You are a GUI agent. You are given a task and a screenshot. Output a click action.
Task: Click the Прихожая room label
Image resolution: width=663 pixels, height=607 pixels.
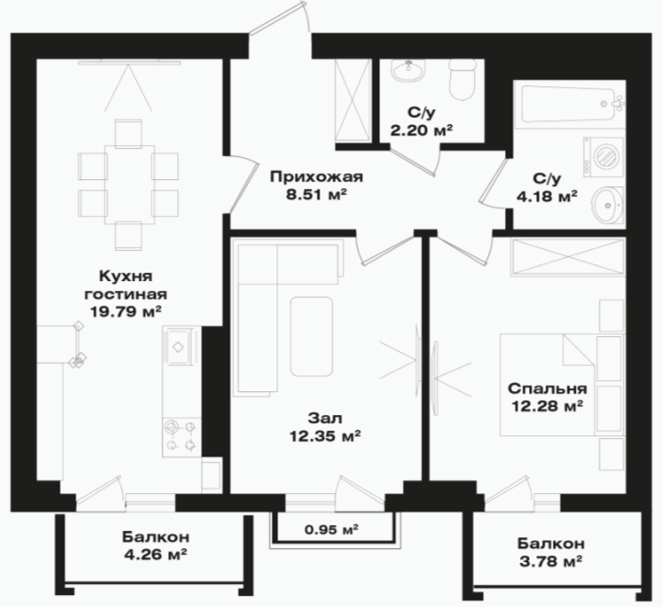[x=317, y=176]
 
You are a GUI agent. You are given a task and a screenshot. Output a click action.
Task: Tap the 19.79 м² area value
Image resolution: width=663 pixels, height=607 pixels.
[x=126, y=312]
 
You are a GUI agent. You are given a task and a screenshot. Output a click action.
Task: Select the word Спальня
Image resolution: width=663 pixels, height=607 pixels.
[x=547, y=388]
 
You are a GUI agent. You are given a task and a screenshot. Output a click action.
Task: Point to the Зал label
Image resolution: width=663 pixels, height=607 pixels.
[x=325, y=418]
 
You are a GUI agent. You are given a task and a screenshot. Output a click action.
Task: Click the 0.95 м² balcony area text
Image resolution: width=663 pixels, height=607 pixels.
[x=331, y=528]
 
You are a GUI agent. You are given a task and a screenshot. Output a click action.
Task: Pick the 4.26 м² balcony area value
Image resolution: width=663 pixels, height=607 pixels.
[x=155, y=554]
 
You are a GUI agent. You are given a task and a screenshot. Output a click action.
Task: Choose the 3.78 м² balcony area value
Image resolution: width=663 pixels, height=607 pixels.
[x=551, y=561]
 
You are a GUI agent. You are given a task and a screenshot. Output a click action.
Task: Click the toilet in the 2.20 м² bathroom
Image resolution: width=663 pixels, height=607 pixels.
[x=463, y=80]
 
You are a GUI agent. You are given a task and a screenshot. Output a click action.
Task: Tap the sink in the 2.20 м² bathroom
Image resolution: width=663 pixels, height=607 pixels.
[x=408, y=70]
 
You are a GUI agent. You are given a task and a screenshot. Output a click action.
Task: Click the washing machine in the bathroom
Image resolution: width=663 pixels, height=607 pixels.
[x=603, y=157]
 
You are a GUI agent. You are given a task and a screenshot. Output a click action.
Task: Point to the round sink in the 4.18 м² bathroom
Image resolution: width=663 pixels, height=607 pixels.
[x=608, y=205]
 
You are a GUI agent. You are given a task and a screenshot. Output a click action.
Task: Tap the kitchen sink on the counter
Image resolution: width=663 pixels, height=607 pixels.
[x=178, y=346]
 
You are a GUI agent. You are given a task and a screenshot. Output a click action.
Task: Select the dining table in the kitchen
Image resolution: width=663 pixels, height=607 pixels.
[x=129, y=184]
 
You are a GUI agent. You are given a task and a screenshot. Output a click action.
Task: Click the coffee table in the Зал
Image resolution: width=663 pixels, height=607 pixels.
[x=311, y=336]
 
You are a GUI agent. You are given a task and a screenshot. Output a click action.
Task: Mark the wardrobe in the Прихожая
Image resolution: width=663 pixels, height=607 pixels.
[x=353, y=100]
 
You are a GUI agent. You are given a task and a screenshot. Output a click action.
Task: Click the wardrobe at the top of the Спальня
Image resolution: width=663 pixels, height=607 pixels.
[x=567, y=256]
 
